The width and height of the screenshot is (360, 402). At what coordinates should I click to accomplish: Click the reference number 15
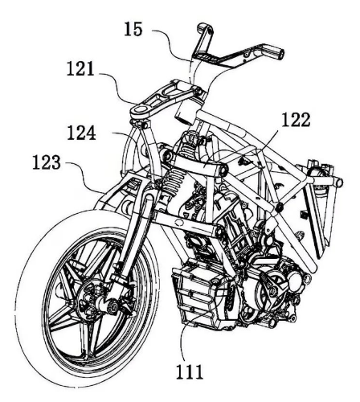pos(133,29)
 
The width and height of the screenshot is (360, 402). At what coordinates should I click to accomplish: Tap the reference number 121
pos(80,68)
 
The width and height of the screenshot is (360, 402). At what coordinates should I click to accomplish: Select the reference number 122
pos(297,120)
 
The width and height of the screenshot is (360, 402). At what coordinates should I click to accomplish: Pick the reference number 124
pos(81,133)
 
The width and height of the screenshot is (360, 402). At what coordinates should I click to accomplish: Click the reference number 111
pos(190,371)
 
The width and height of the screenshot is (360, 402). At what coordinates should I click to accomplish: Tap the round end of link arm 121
pos(141,109)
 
